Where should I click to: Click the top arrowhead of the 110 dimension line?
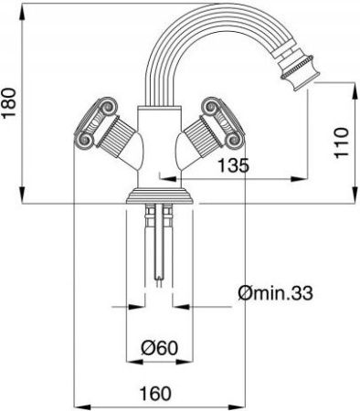coord(349,86)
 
